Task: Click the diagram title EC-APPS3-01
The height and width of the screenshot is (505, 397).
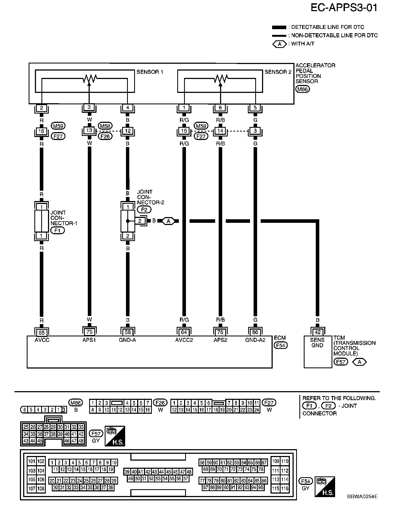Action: [344, 8]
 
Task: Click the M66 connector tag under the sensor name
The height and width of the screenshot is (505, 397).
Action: [302, 89]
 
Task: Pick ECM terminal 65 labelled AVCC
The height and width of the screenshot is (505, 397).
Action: [41, 332]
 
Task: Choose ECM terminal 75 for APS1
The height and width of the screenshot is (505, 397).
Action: [89, 332]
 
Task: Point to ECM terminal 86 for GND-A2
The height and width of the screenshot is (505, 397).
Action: [255, 332]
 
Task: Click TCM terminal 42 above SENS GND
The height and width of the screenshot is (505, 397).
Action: [318, 332]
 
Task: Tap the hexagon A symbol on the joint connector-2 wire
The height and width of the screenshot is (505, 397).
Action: [168, 221]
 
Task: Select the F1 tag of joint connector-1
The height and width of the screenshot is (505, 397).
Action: [58, 230]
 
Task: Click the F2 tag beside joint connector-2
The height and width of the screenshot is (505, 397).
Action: [144, 209]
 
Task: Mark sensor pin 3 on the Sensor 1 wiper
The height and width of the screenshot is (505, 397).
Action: [89, 107]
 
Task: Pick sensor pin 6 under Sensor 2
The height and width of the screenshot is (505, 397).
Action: [220, 108]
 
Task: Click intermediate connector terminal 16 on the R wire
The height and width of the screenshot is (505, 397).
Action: [41, 131]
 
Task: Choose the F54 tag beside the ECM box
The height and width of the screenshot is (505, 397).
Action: [281, 345]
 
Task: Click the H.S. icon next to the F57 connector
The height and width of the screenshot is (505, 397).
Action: [115, 436]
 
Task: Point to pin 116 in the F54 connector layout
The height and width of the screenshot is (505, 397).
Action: [285, 488]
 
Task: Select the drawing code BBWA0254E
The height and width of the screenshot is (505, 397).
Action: [362, 497]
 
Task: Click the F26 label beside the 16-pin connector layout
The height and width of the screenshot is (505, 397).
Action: [160, 403]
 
